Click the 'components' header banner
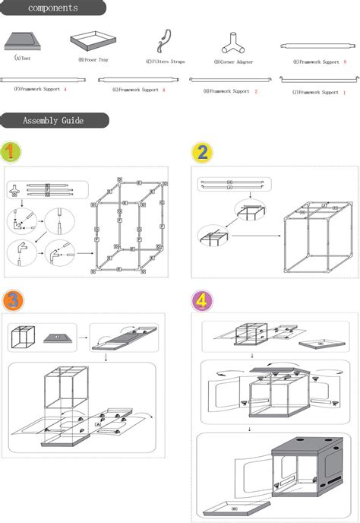click(x=53, y=8)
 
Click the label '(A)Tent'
click(x=24, y=58)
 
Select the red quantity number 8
click(x=344, y=62)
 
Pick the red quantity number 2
click(x=256, y=91)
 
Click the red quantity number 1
click(x=344, y=92)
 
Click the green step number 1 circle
click(x=11, y=151)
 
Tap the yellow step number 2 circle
click(x=201, y=153)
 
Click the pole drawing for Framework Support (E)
click(x=314, y=48)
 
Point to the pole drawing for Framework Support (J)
click(x=314, y=78)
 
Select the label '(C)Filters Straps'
click(x=166, y=62)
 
